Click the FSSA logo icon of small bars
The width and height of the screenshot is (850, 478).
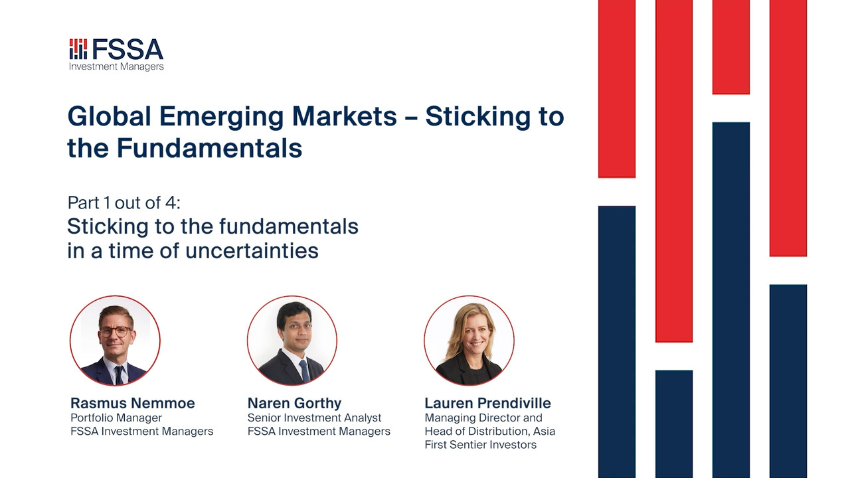[78, 49]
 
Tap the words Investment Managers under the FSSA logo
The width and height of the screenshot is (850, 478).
[116, 67]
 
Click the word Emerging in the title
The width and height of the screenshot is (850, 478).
[221, 117]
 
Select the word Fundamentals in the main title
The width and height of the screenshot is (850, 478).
[209, 147]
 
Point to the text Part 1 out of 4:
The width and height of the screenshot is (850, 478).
[124, 202]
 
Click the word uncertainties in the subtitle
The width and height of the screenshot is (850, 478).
[252, 251]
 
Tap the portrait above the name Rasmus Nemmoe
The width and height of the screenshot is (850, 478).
[115, 341]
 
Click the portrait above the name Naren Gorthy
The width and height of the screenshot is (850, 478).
[292, 341]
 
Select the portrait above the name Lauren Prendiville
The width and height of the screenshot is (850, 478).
[469, 341]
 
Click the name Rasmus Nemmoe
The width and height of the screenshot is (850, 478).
[132, 403]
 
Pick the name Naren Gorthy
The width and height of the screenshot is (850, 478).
[294, 403]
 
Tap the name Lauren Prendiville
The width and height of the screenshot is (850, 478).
[487, 403]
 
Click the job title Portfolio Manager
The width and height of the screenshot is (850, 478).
[116, 418]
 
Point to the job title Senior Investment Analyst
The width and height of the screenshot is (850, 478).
[314, 418]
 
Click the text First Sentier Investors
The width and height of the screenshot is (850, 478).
[480, 445]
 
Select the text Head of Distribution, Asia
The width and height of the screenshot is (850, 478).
[490, 432]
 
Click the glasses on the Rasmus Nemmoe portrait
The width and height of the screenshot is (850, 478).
[115, 331]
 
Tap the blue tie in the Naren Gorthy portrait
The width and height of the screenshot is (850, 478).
[304, 370]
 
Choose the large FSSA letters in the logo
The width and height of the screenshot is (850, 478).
[127, 49]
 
